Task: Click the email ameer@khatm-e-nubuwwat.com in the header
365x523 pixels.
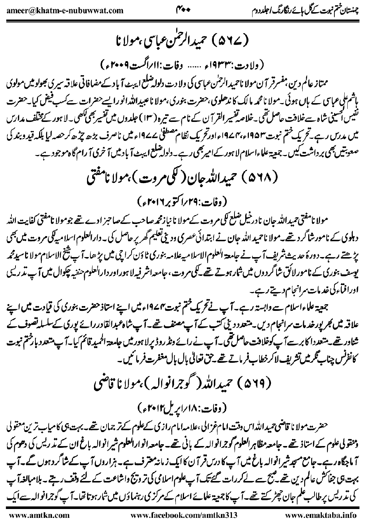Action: pyautogui.click(x=65, y=10)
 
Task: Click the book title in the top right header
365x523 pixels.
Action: pyautogui.click(x=302, y=10)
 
